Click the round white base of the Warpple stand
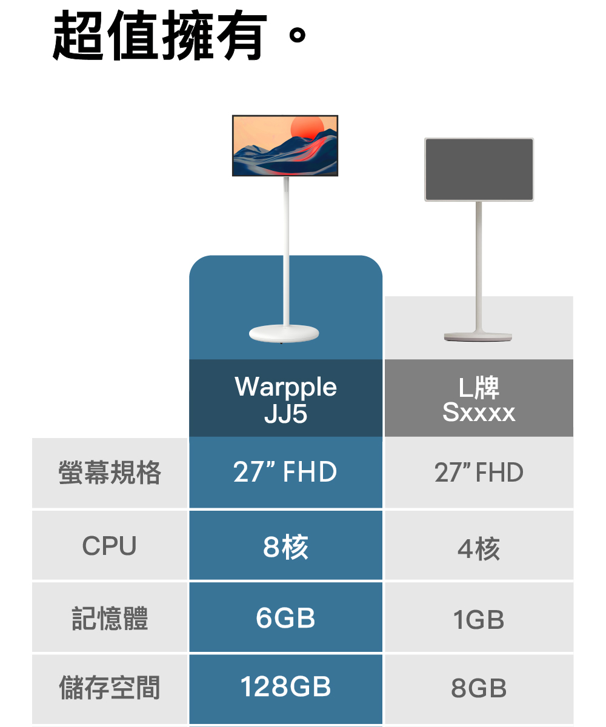pyautogui.click(x=285, y=333)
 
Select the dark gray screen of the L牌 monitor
pyautogui.click(x=479, y=170)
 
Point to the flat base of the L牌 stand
pyautogui.click(x=478, y=336)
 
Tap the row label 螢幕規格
pyautogui.click(x=110, y=473)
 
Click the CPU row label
pyautogui.click(x=110, y=546)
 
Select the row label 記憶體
pyautogui.click(x=110, y=619)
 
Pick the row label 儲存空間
pyautogui.click(x=110, y=688)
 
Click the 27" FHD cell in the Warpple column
pyautogui.click(x=285, y=473)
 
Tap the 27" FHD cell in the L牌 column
pyautogui.click(x=479, y=473)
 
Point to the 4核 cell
pyautogui.click(x=479, y=549)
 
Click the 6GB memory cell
pyautogui.click(x=285, y=618)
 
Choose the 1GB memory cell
pyautogui.click(x=479, y=620)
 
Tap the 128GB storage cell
pyautogui.click(x=285, y=687)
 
